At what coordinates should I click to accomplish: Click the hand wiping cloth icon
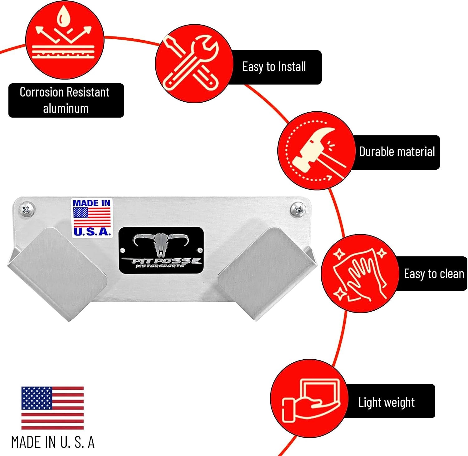(x=360, y=273)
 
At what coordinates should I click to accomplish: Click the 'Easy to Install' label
(x=274, y=67)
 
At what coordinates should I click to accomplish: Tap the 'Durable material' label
(x=397, y=152)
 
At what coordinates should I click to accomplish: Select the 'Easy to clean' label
(x=434, y=274)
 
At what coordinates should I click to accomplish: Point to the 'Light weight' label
(x=387, y=402)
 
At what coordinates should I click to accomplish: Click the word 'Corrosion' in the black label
(x=42, y=92)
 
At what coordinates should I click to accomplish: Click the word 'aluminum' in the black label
(x=66, y=109)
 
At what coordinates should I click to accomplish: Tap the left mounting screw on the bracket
(x=26, y=209)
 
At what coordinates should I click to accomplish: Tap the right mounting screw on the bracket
(x=298, y=209)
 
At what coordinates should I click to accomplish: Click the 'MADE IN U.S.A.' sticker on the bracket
(x=92, y=218)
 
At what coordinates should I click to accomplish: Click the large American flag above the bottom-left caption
(x=52, y=408)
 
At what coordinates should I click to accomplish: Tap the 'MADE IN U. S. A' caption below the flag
(x=53, y=442)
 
